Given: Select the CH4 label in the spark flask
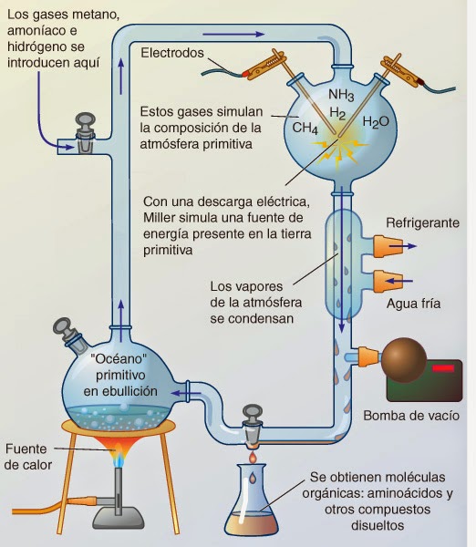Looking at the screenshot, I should pyautogui.click(x=305, y=129).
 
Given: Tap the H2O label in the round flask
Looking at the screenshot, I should pyautogui.click(x=376, y=122).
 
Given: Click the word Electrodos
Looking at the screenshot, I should pyautogui.click(x=173, y=53).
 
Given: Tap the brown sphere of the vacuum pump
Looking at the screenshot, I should pyautogui.click(x=404, y=359).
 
